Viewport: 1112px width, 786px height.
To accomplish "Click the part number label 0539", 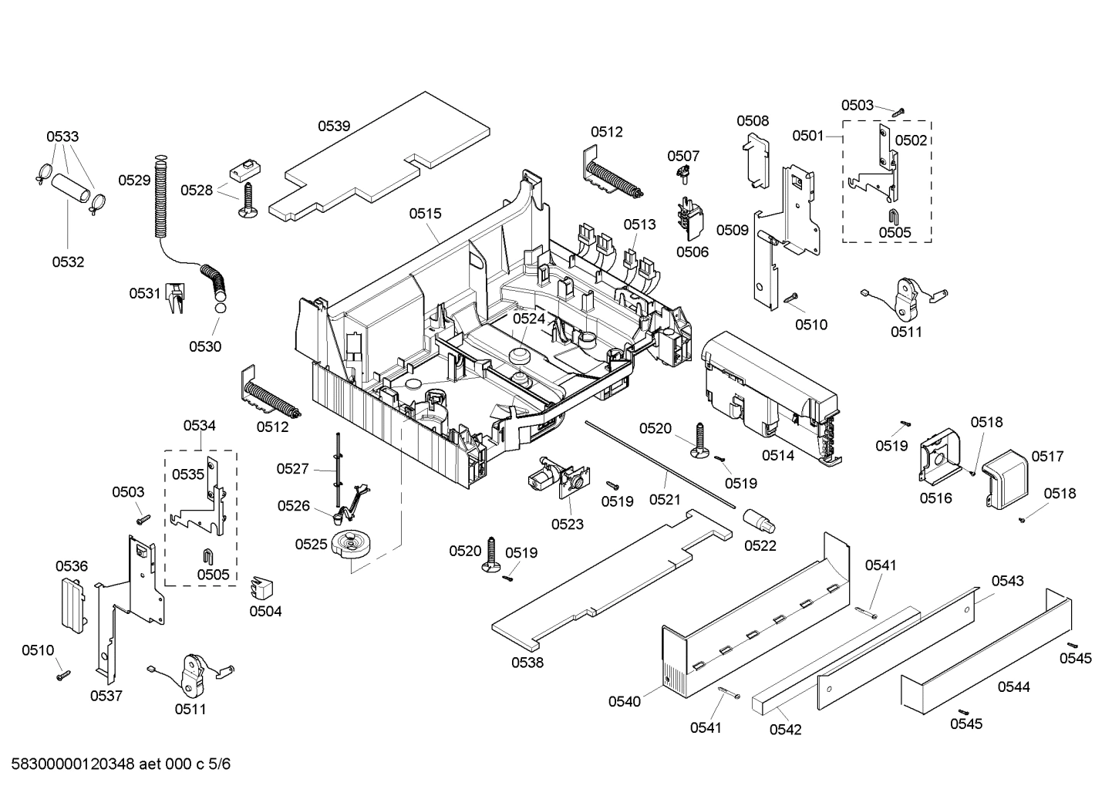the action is tap(334, 126).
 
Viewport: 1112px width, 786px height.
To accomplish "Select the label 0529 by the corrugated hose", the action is tap(134, 180).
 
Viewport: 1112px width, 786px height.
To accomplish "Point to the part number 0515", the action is tap(425, 213).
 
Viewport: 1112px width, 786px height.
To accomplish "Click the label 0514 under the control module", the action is tap(778, 456).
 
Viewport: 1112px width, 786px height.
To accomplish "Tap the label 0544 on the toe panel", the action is tap(1013, 686).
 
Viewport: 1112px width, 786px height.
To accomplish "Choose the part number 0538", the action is tap(527, 662).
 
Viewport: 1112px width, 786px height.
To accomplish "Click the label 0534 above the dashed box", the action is tap(199, 425).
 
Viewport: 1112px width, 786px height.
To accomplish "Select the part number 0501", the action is tap(808, 136).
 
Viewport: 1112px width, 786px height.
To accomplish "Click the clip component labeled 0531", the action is tap(177, 297).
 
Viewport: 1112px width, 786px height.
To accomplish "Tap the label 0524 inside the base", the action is tap(529, 318).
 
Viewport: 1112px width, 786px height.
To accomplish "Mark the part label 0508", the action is tap(752, 120).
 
